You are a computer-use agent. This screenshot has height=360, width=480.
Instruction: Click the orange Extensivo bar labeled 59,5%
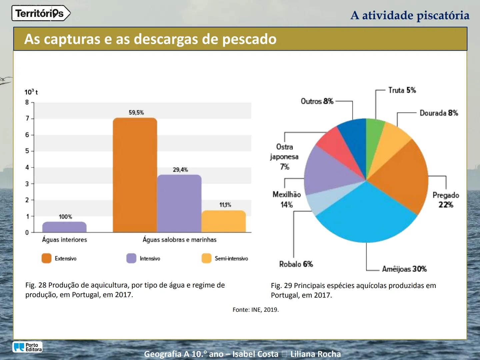point(135,175)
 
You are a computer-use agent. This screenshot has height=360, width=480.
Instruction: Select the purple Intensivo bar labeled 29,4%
point(179,203)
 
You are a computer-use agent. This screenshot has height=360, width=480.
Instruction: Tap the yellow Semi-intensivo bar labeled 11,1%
point(224,221)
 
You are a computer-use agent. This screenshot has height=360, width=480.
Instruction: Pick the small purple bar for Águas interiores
point(64,227)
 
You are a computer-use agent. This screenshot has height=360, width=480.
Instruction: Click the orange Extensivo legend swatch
point(46,258)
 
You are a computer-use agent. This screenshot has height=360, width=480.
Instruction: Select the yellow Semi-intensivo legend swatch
point(206,258)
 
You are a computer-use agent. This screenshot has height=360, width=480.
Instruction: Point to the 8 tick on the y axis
point(27,102)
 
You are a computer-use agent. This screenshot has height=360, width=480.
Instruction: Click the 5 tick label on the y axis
point(27,151)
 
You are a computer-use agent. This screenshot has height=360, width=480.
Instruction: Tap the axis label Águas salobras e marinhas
point(179,240)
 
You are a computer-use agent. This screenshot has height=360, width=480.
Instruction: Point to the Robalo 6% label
point(296,264)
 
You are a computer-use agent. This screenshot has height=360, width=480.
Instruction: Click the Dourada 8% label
point(439,113)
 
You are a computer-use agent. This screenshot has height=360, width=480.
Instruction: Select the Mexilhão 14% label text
point(287,199)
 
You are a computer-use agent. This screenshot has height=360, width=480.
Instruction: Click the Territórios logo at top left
point(41,13)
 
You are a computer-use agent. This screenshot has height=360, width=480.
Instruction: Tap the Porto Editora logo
point(28,347)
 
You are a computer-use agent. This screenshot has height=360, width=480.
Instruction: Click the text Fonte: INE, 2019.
point(256,310)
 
